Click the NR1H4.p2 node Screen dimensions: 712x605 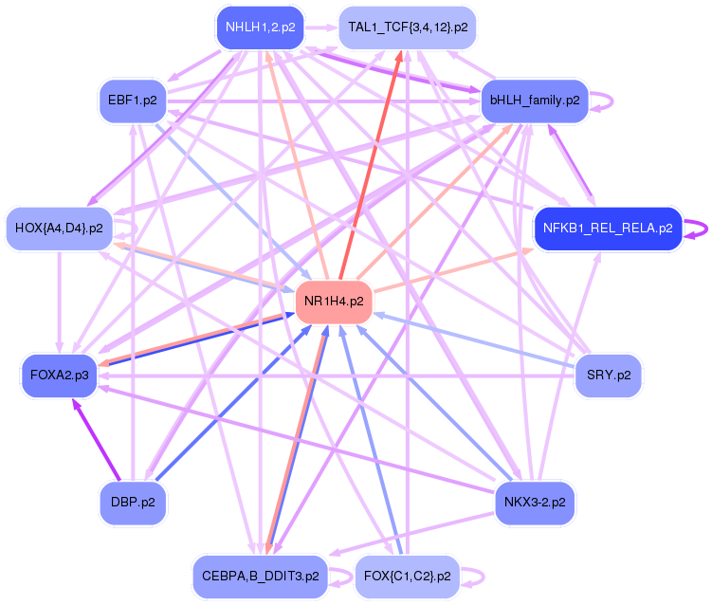click(x=334, y=302)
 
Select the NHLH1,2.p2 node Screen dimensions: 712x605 click(x=260, y=27)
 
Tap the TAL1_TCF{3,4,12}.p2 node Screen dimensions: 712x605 click(x=408, y=27)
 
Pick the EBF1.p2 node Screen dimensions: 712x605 click(x=133, y=101)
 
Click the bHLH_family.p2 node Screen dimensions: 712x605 click(x=535, y=101)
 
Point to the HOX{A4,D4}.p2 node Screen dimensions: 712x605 click(x=59, y=229)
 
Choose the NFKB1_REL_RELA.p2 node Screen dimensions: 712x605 click(x=608, y=229)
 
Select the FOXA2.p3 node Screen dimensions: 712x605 click(x=60, y=376)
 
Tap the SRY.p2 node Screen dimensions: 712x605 click(x=609, y=376)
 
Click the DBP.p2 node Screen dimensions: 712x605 click(x=133, y=503)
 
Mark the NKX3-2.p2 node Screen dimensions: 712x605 click(x=535, y=503)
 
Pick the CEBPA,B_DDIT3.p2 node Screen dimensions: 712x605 click(x=260, y=577)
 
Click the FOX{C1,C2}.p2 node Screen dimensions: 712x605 click(x=408, y=577)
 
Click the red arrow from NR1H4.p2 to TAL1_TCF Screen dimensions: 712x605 click(x=371, y=164)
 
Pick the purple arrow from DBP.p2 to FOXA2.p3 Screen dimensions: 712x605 click(x=97, y=439)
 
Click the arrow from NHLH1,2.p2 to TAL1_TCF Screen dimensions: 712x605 click(x=321, y=27)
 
